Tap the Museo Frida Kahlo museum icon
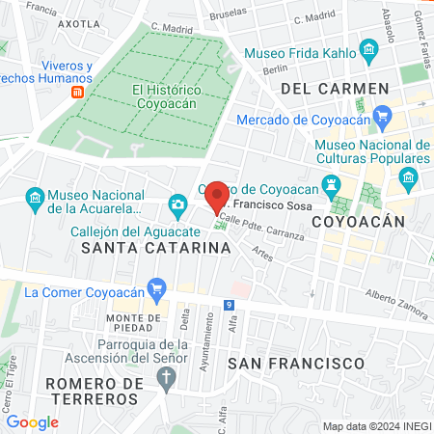click(367, 48)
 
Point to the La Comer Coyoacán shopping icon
click(158, 285)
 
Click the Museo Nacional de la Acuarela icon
click(36, 200)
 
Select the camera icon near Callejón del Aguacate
click(177, 203)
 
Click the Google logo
click(32, 421)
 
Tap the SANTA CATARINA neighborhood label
click(156, 248)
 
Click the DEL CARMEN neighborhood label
click(335, 89)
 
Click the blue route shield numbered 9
click(229, 306)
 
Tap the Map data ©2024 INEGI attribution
click(376, 425)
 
